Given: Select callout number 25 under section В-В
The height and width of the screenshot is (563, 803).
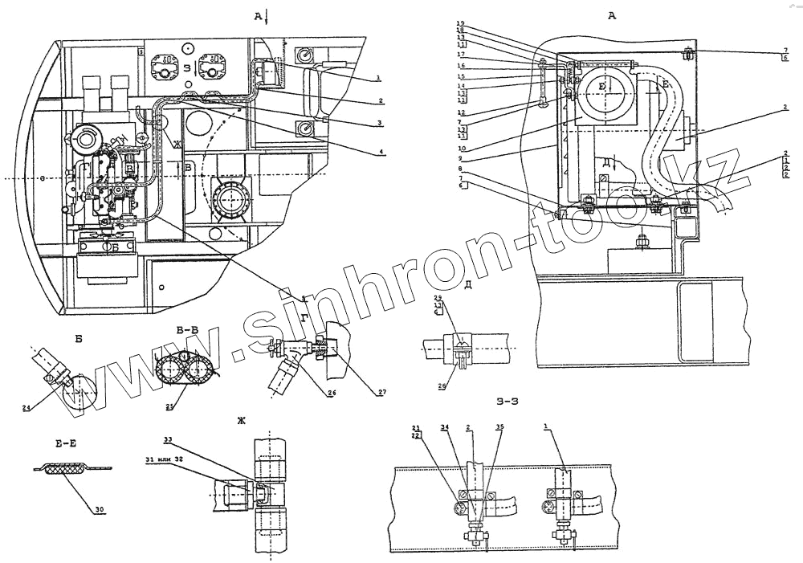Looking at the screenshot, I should click(169, 406).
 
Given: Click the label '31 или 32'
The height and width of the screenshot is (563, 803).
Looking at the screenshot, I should click(164, 459).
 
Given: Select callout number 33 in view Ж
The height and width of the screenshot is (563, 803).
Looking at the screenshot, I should click(169, 439).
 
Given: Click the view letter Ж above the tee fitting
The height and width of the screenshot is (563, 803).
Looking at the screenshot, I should click(240, 419).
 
